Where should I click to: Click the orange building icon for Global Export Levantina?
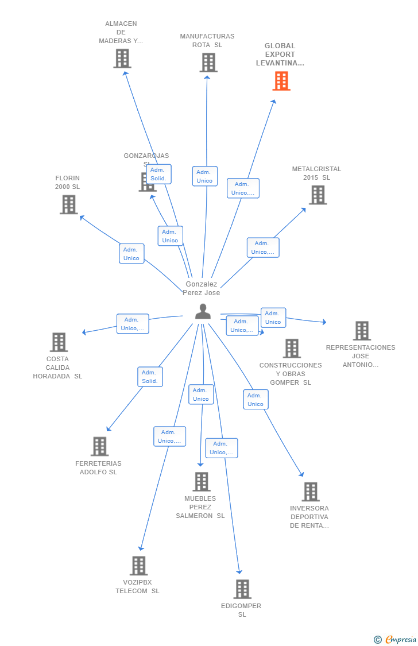tap(281, 81)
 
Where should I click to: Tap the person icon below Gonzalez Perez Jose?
tap(203, 311)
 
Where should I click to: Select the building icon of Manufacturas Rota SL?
tap(208, 63)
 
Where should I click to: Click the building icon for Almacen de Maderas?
tap(122, 59)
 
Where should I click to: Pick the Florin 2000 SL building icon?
tap(68, 204)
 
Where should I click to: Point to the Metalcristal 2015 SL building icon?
tap(318, 195)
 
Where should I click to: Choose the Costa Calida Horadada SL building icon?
tap(59, 342)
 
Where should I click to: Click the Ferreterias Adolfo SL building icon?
tap(99, 446)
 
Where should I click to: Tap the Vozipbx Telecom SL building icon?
tap(138, 566)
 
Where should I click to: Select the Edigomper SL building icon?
tap(242, 589)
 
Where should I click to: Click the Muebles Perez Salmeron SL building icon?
tap(201, 482)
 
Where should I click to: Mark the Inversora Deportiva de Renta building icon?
tap(311, 492)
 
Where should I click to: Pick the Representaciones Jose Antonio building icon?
tap(362, 331)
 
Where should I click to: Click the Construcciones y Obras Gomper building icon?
tap(292, 349)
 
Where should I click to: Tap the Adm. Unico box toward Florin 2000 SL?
tap(131, 254)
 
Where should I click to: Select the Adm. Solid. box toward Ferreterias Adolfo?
tap(150, 377)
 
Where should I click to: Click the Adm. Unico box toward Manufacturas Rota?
tap(204, 176)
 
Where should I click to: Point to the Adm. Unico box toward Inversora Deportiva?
tap(256, 400)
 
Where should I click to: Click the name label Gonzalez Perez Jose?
tap(201, 288)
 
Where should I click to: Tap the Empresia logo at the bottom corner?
tap(396, 639)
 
